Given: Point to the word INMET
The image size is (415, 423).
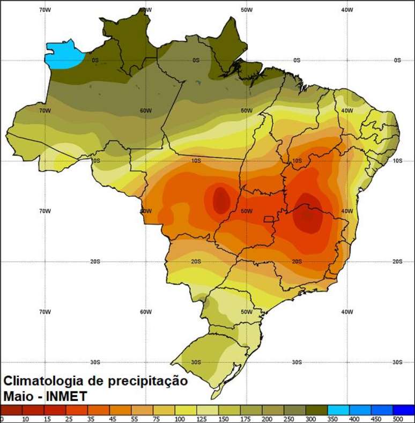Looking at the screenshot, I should coord(66,397).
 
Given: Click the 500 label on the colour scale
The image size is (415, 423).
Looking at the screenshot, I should coord(398,419).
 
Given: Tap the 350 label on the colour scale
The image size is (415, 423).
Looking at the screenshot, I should coord(332,419).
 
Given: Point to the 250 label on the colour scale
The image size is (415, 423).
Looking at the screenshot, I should coord(288,419).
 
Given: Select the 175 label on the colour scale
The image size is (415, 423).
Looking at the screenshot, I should coord(244,419).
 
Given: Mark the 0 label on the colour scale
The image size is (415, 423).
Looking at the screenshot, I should coord(3,419).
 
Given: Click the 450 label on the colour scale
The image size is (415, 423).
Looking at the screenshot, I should coord(376,419).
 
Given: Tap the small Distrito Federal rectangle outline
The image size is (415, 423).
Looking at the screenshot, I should coord(268,219).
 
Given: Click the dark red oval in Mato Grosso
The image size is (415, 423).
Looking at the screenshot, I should coord(220,200).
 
